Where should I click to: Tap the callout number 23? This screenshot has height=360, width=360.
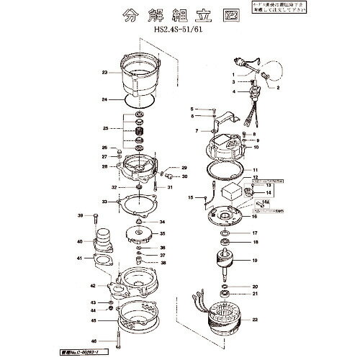(x=104, y=73)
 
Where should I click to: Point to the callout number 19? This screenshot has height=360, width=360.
(x=254, y=261)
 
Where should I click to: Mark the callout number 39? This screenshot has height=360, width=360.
(x=78, y=216)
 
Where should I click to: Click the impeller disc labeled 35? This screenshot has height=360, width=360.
(x=138, y=234)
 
